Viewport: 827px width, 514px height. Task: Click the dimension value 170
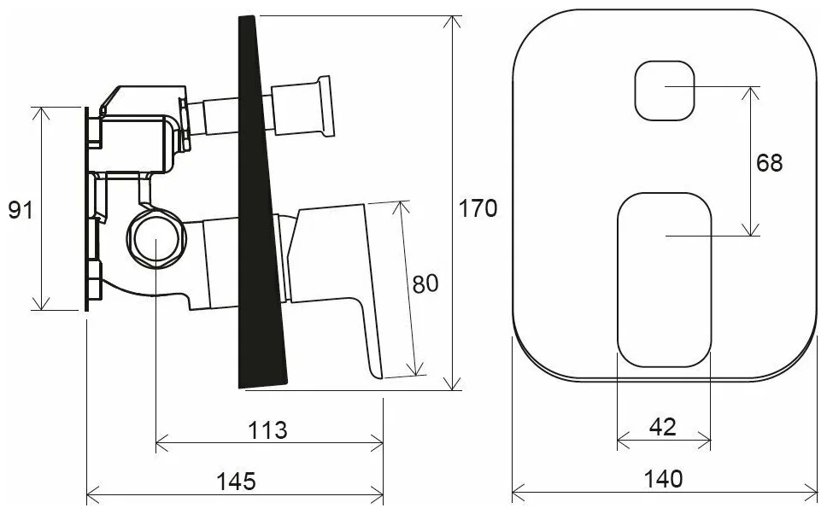click(x=478, y=209)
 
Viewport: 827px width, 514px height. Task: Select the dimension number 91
click(x=21, y=210)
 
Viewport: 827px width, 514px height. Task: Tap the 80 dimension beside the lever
click(x=425, y=284)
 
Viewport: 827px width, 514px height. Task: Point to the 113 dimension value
click(x=268, y=430)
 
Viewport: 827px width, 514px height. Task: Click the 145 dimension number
click(x=237, y=481)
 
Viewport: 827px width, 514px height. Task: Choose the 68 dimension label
click(x=770, y=163)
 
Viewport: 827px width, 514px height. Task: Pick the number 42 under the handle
click(x=662, y=427)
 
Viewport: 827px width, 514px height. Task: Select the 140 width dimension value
click(x=664, y=479)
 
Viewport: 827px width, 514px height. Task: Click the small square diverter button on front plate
click(x=665, y=91)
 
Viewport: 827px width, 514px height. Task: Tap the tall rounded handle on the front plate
click(x=665, y=280)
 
